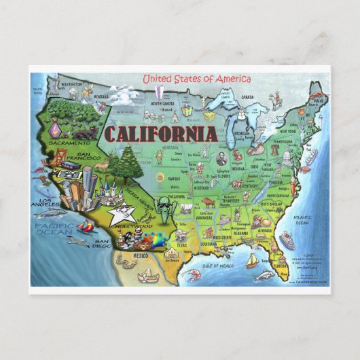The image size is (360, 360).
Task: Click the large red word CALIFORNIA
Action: [x=160, y=132]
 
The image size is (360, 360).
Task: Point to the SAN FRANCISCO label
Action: [x=89, y=157]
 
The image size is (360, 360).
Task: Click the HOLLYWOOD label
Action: [x=133, y=226]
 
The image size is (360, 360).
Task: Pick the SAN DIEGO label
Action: [x=102, y=245]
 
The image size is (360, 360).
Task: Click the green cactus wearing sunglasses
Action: [x=163, y=210]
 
